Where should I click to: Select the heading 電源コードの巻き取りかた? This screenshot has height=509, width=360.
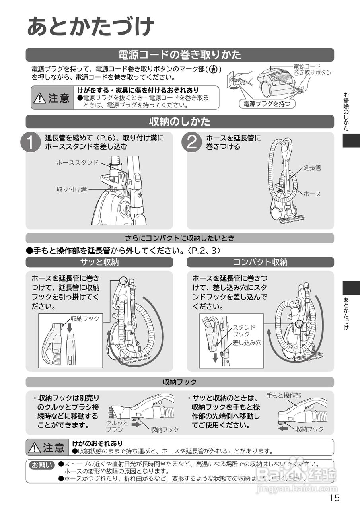pyautogui.click(x=180, y=55)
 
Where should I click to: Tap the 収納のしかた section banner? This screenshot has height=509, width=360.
pyautogui.click(x=180, y=121)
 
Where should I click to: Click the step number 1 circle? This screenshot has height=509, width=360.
pyautogui.click(x=31, y=142)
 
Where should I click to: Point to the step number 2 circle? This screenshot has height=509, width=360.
pyautogui.click(x=192, y=142)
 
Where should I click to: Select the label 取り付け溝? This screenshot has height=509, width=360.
pyautogui.click(x=72, y=189)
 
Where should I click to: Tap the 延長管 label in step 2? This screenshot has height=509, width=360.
pyautogui.click(x=312, y=168)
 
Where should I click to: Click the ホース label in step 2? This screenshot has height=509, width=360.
pyautogui.click(x=312, y=194)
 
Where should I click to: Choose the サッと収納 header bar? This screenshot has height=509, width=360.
pyautogui.click(x=99, y=262)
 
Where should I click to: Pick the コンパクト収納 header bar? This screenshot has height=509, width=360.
pyautogui.click(x=260, y=262)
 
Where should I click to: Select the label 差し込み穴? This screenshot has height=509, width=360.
pyautogui.click(x=247, y=342)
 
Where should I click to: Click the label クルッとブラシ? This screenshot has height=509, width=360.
pyautogui.click(x=117, y=426)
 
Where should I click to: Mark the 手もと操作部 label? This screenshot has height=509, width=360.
pyautogui.click(x=284, y=396)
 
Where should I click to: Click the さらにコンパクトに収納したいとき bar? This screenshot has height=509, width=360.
pyautogui.click(x=180, y=238)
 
